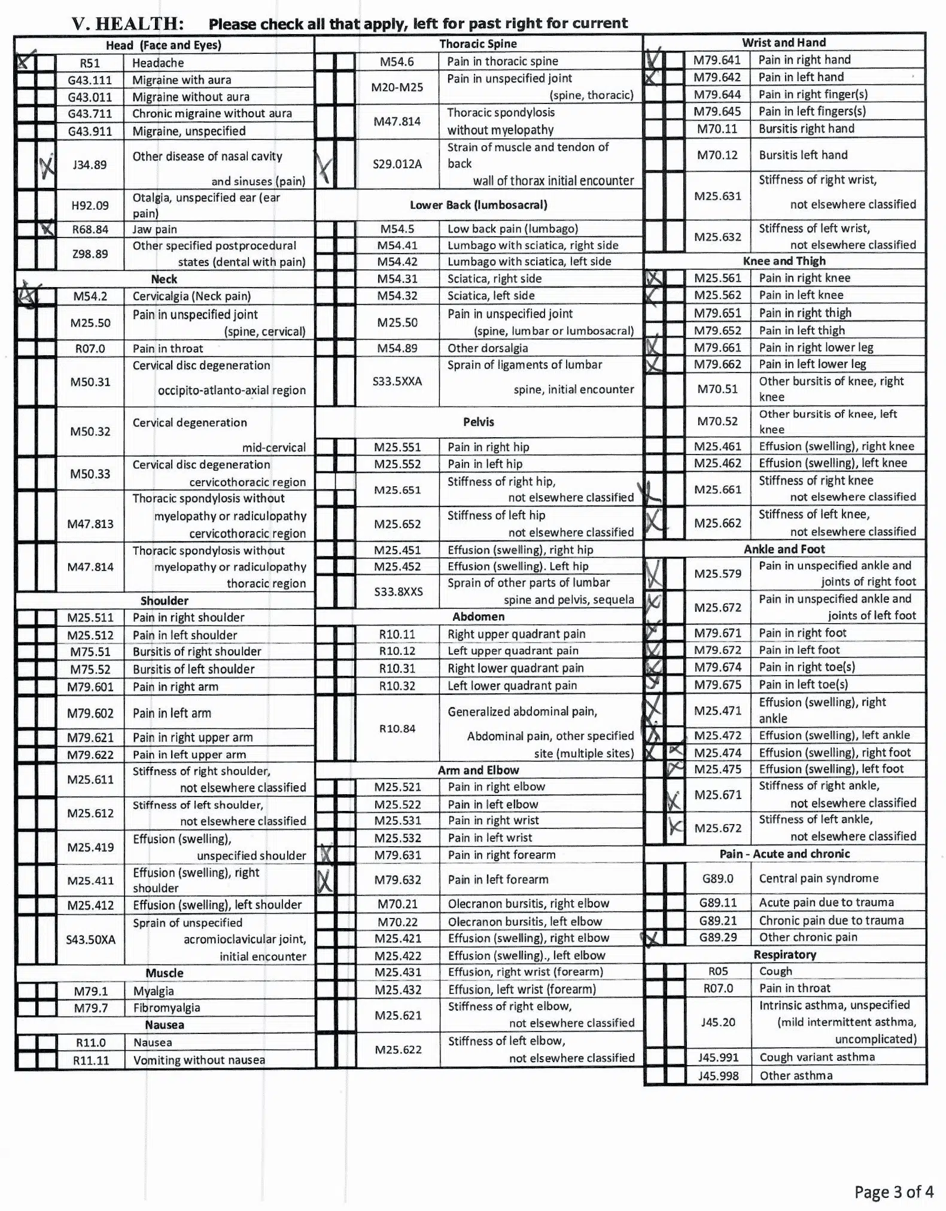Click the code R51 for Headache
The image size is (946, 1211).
90,63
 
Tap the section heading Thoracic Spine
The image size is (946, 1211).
477,44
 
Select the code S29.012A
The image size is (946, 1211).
397,164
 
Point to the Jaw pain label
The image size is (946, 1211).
154,229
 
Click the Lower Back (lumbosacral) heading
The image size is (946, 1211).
478,205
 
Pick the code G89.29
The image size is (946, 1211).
718,937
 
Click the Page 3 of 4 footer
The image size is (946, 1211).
893,1192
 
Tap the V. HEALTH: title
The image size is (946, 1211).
127,23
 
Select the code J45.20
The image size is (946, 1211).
718,1022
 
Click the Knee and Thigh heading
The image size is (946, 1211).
784,261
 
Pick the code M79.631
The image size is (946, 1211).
397,855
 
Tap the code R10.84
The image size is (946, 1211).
397,728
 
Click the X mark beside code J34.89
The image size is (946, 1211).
46,165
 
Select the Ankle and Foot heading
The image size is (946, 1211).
784,549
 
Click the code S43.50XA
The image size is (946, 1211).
90,939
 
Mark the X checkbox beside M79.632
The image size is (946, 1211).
325,880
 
